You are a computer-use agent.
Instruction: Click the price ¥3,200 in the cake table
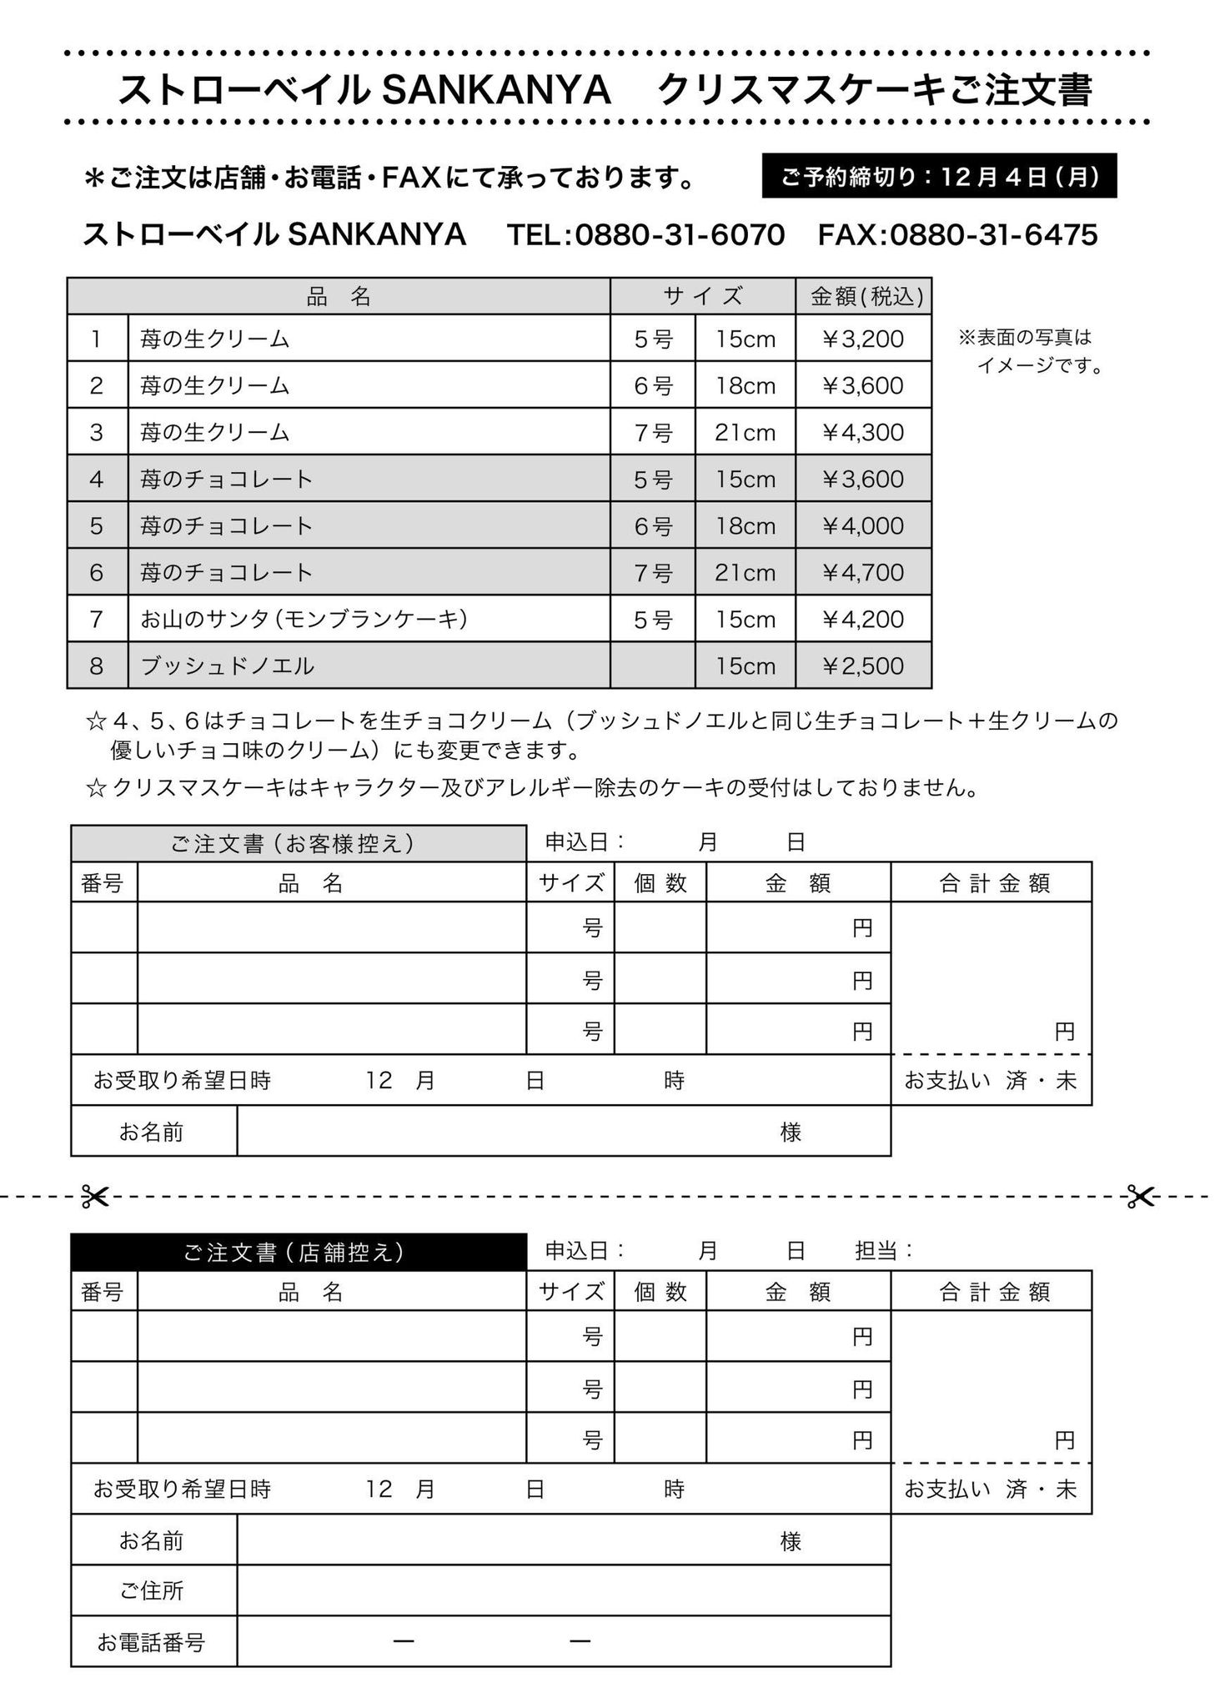coord(862,339)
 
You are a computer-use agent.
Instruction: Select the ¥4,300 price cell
coord(862,432)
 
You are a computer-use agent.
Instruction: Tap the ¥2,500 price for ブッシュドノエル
coord(862,666)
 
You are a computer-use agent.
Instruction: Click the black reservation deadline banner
coord(939,176)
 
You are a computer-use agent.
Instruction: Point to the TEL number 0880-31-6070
coord(680,235)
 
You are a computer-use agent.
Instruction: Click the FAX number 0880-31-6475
coord(993,235)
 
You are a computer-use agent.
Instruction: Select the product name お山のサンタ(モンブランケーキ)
coord(304,619)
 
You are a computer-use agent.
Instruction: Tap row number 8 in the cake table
coord(97,666)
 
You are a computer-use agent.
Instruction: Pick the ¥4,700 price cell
coord(862,572)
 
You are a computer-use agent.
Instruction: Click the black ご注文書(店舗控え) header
coord(298,1252)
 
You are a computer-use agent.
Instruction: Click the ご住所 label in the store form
coord(151,1590)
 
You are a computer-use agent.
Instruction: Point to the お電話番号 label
coord(151,1642)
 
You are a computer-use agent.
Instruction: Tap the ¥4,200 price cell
coord(862,619)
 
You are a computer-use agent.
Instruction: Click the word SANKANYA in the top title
coord(496,91)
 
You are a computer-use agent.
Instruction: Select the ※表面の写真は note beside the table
coord(1025,338)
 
